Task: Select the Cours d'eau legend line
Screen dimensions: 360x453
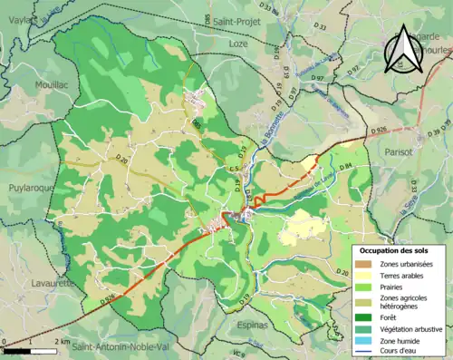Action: pyautogui.click(x=366, y=352)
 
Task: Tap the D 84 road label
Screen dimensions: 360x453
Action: pyautogui.click(x=345, y=165)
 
